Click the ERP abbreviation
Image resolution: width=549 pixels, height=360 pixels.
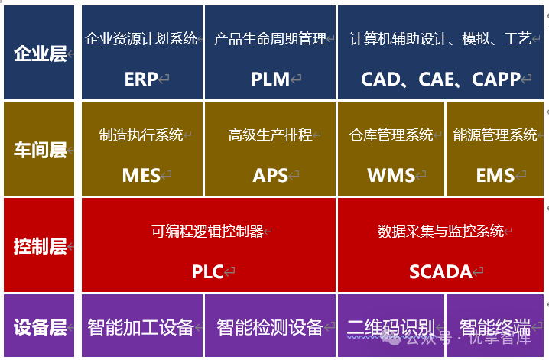tap(141, 79)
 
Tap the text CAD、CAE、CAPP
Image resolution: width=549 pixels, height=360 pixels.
tap(440, 79)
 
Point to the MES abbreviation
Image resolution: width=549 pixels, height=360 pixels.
tap(141, 175)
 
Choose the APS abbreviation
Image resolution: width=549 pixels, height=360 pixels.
tap(270, 175)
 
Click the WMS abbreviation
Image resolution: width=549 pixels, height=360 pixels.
tap(391, 175)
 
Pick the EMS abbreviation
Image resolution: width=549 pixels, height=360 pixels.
tap(495, 175)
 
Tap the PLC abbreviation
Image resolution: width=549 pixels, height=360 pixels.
tap(207, 271)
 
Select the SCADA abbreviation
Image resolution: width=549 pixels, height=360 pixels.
tap(440, 271)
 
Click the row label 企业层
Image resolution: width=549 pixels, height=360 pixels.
tap(40, 54)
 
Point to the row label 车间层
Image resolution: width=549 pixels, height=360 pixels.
tap(40, 150)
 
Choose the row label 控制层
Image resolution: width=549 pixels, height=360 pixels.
tap(40, 247)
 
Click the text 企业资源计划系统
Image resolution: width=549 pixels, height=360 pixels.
tap(141, 38)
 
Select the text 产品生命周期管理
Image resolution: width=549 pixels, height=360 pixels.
tap(270, 38)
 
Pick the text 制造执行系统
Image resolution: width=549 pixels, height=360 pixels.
tap(141, 135)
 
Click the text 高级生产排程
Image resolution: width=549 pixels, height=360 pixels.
tap(270, 135)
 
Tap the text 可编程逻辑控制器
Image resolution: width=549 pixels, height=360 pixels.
tap(207, 231)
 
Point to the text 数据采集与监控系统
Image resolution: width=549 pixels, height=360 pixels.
tap(440, 231)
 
